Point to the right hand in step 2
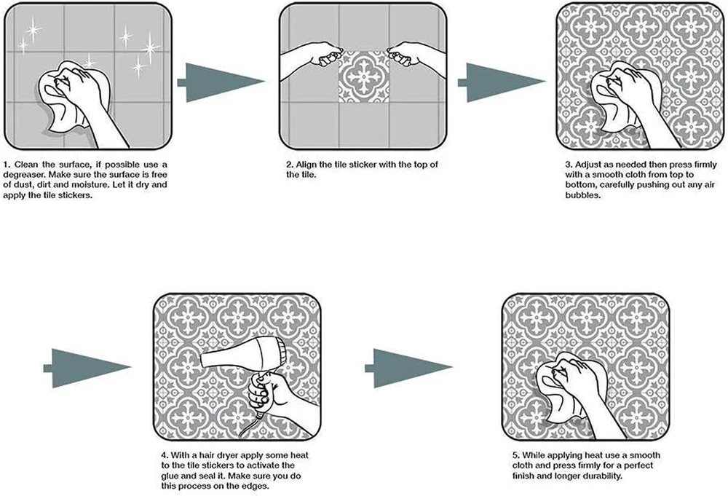click(414, 55)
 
